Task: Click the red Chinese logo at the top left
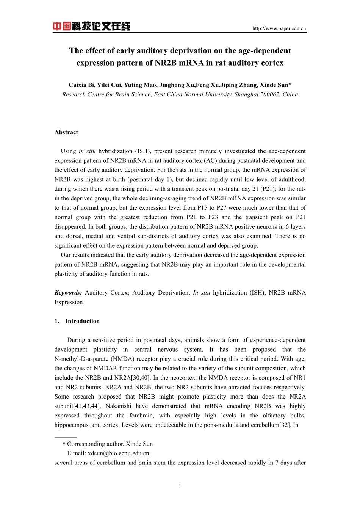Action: pos(91,26)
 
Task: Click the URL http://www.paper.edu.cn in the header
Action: pos(279,28)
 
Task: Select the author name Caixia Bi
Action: pos(81,85)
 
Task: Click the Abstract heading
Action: pos(66,132)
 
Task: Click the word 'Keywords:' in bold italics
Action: pos(68,293)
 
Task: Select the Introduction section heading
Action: pos(82,321)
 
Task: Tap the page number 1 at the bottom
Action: pos(180,486)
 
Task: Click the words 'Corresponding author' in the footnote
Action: pos(95,444)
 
